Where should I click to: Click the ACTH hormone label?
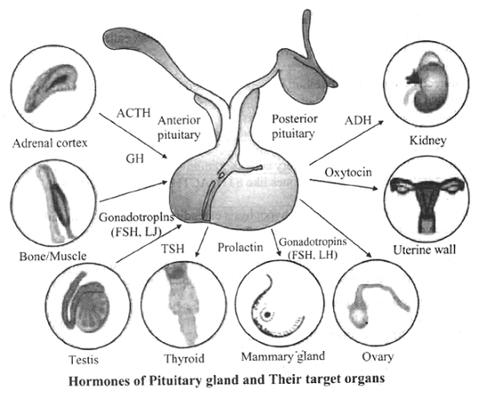(x=133, y=113)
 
